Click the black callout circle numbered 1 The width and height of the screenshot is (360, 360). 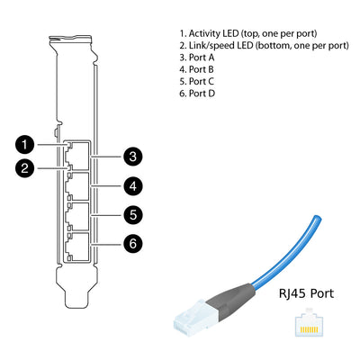[27, 143]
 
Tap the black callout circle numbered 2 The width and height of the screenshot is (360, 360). [27, 166]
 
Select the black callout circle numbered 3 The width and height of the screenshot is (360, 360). [132, 157]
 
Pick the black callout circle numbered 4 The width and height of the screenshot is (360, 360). [132, 186]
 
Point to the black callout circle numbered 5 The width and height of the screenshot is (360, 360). [132, 215]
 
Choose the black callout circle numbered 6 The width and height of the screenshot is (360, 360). [132, 242]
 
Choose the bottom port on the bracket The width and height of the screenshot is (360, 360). [79, 245]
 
